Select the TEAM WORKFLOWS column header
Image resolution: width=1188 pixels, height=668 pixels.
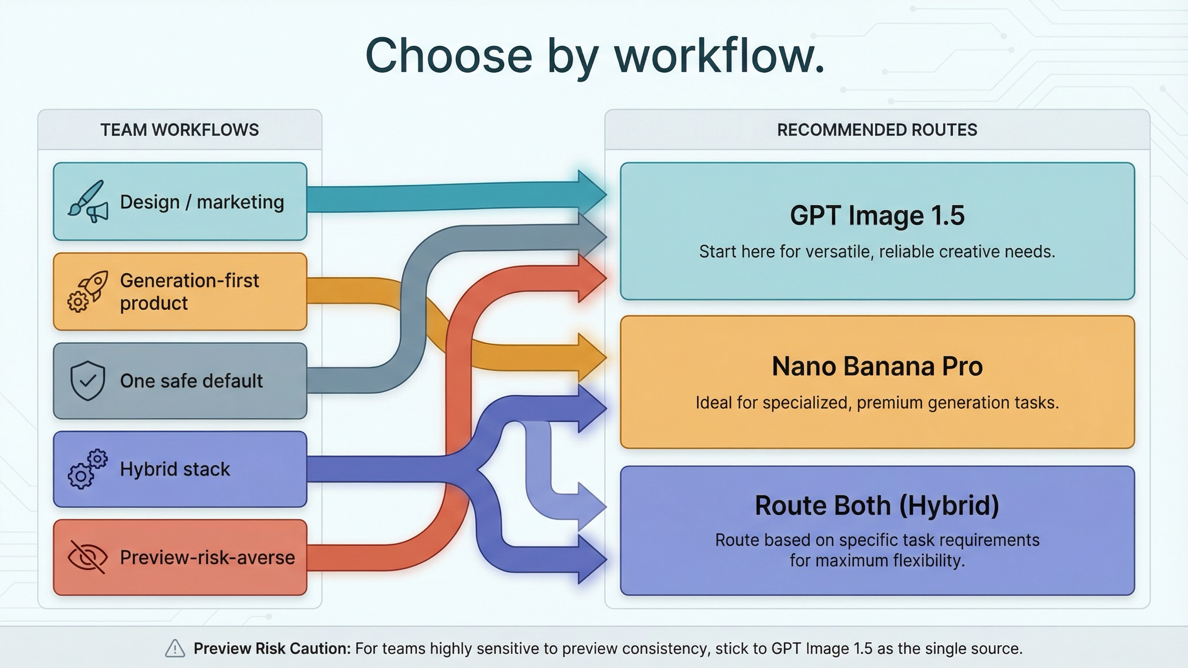(180, 130)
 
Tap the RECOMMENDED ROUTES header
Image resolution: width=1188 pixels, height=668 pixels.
(877, 130)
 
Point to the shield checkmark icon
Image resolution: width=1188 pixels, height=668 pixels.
(88, 381)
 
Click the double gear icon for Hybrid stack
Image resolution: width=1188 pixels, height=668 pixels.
(88, 469)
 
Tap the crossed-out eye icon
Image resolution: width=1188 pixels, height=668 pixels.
(88, 557)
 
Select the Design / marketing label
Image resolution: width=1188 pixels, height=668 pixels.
(202, 202)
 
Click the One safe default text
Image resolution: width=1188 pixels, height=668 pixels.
(191, 381)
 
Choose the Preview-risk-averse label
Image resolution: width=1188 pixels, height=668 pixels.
(207, 558)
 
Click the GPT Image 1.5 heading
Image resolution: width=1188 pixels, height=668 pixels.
(877, 216)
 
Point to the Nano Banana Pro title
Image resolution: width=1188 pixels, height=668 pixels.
(877, 367)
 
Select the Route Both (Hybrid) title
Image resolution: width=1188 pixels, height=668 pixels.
(877, 506)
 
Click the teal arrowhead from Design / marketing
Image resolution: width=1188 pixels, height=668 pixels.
(591, 193)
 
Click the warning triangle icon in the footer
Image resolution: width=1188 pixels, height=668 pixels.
(175, 648)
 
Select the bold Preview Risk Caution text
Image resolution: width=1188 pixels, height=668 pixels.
(272, 648)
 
